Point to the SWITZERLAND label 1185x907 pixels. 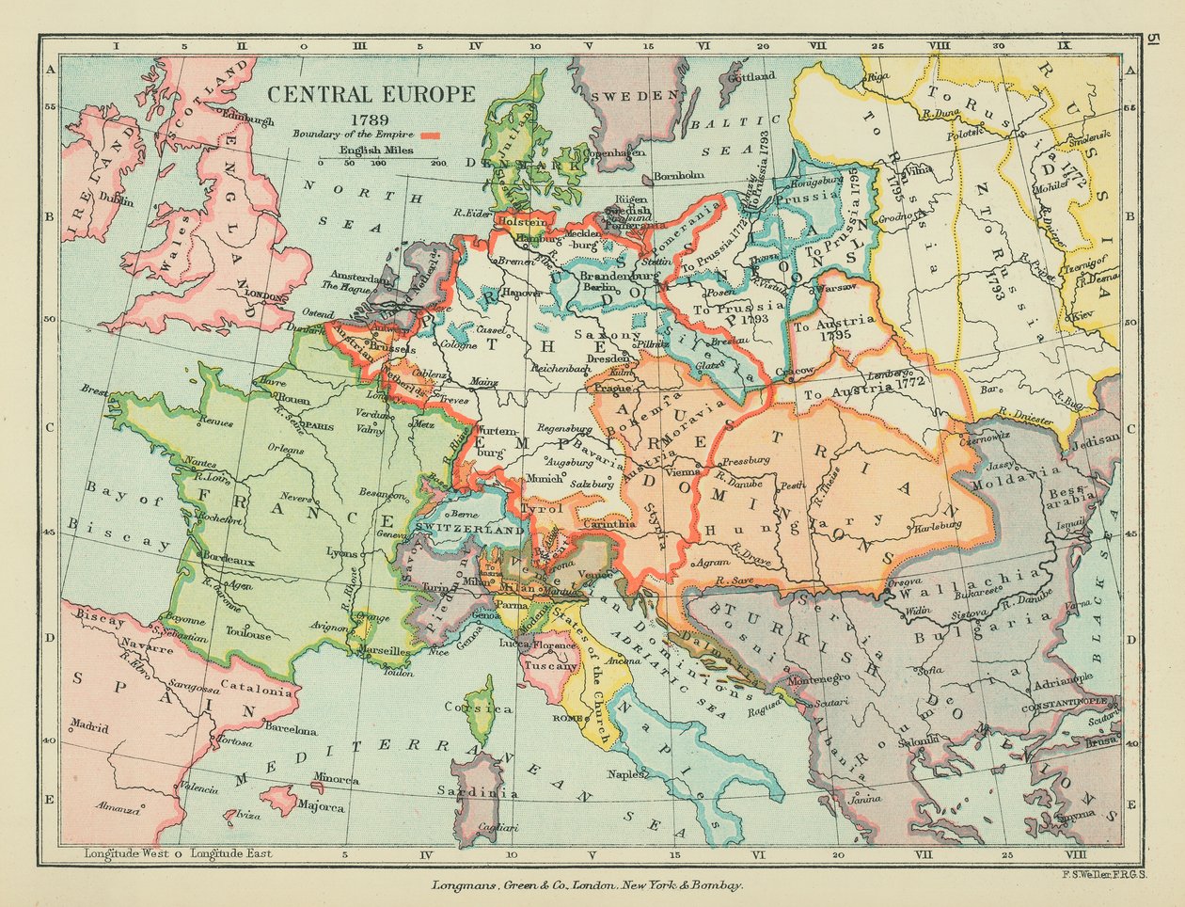point(467,530)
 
